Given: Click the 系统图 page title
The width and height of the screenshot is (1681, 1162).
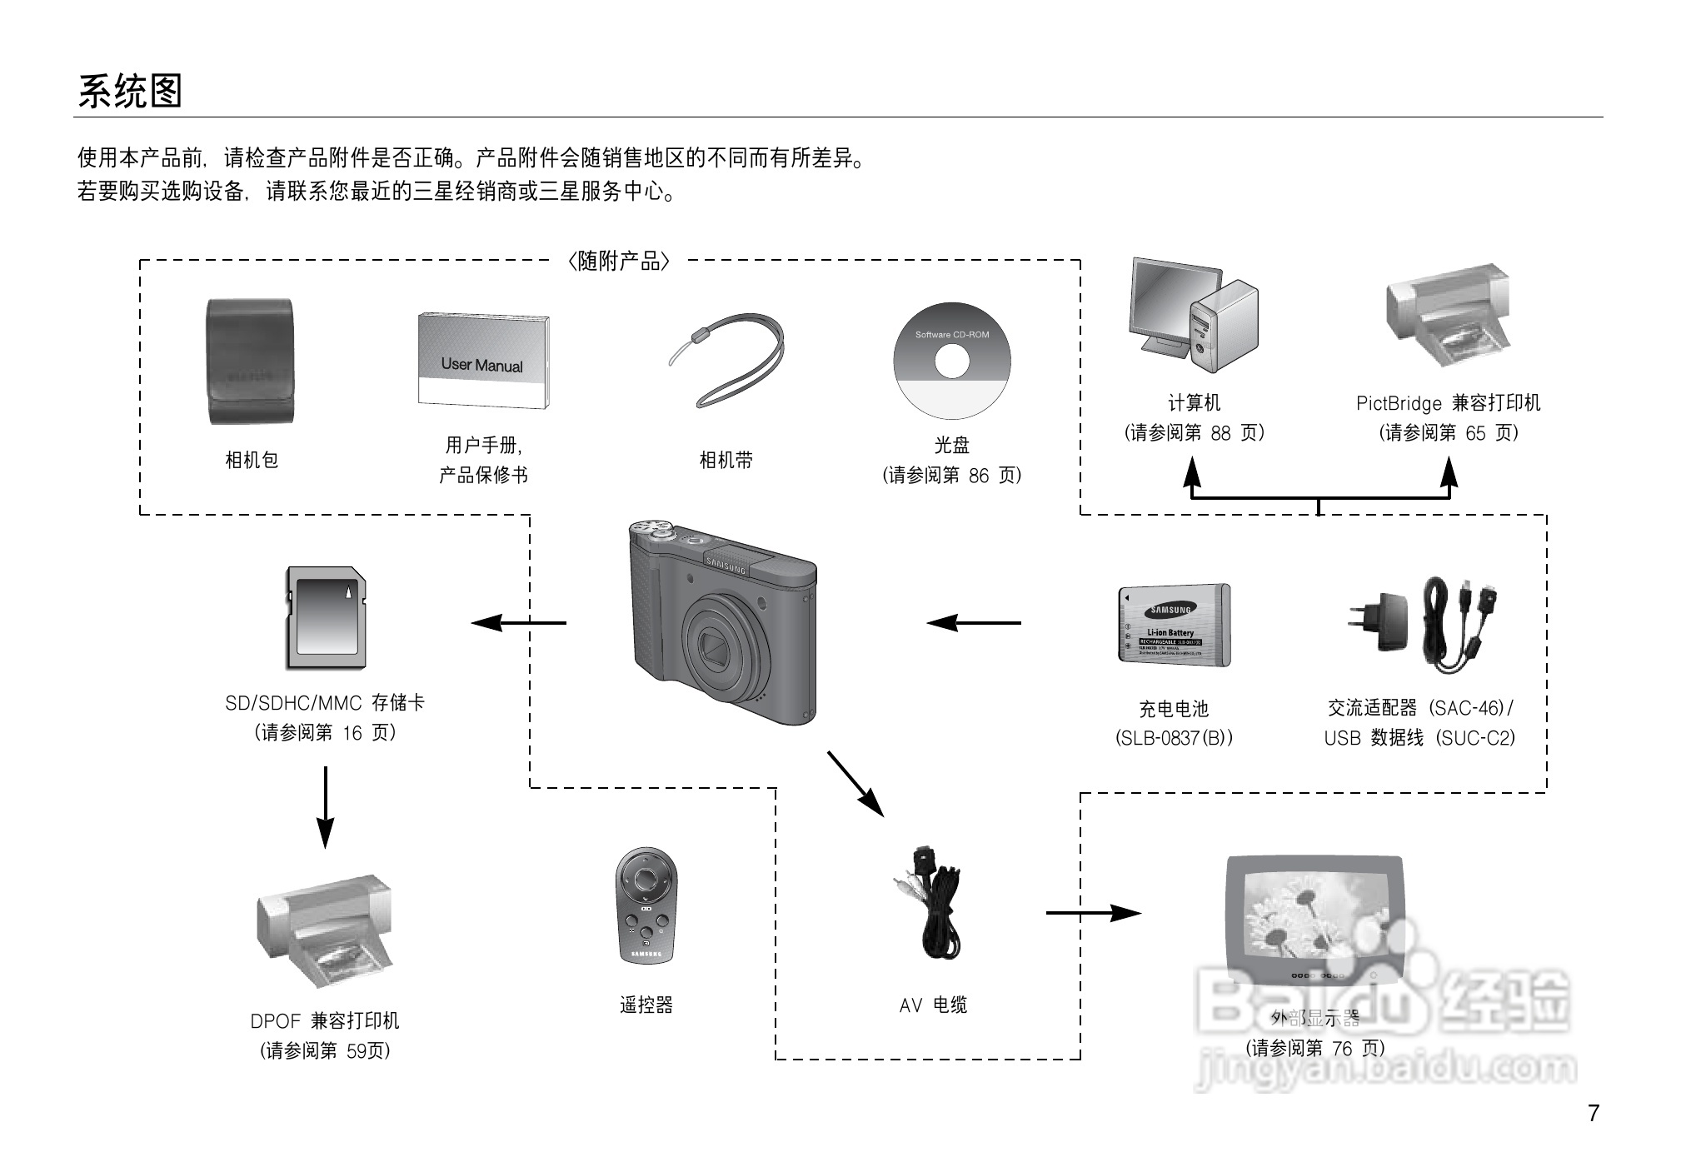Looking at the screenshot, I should click(130, 92).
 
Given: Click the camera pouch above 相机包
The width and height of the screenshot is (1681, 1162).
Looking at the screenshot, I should click(249, 362).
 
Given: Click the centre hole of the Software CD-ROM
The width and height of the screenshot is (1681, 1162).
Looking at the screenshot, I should click(951, 362).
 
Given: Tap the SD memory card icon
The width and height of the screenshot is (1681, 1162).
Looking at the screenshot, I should click(326, 618).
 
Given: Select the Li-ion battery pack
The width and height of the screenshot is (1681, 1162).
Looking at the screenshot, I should click(1174, 625).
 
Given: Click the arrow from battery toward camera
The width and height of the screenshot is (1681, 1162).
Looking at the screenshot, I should click(973, 622).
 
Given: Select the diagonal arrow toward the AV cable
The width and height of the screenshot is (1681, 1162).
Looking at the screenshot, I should click(855, 784).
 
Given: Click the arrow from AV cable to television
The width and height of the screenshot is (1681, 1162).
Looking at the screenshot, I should click(1093, 913).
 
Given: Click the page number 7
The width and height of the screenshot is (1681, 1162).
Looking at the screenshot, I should click(1593, 1113).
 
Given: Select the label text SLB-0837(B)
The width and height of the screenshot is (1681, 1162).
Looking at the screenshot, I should click(1174, 738).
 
